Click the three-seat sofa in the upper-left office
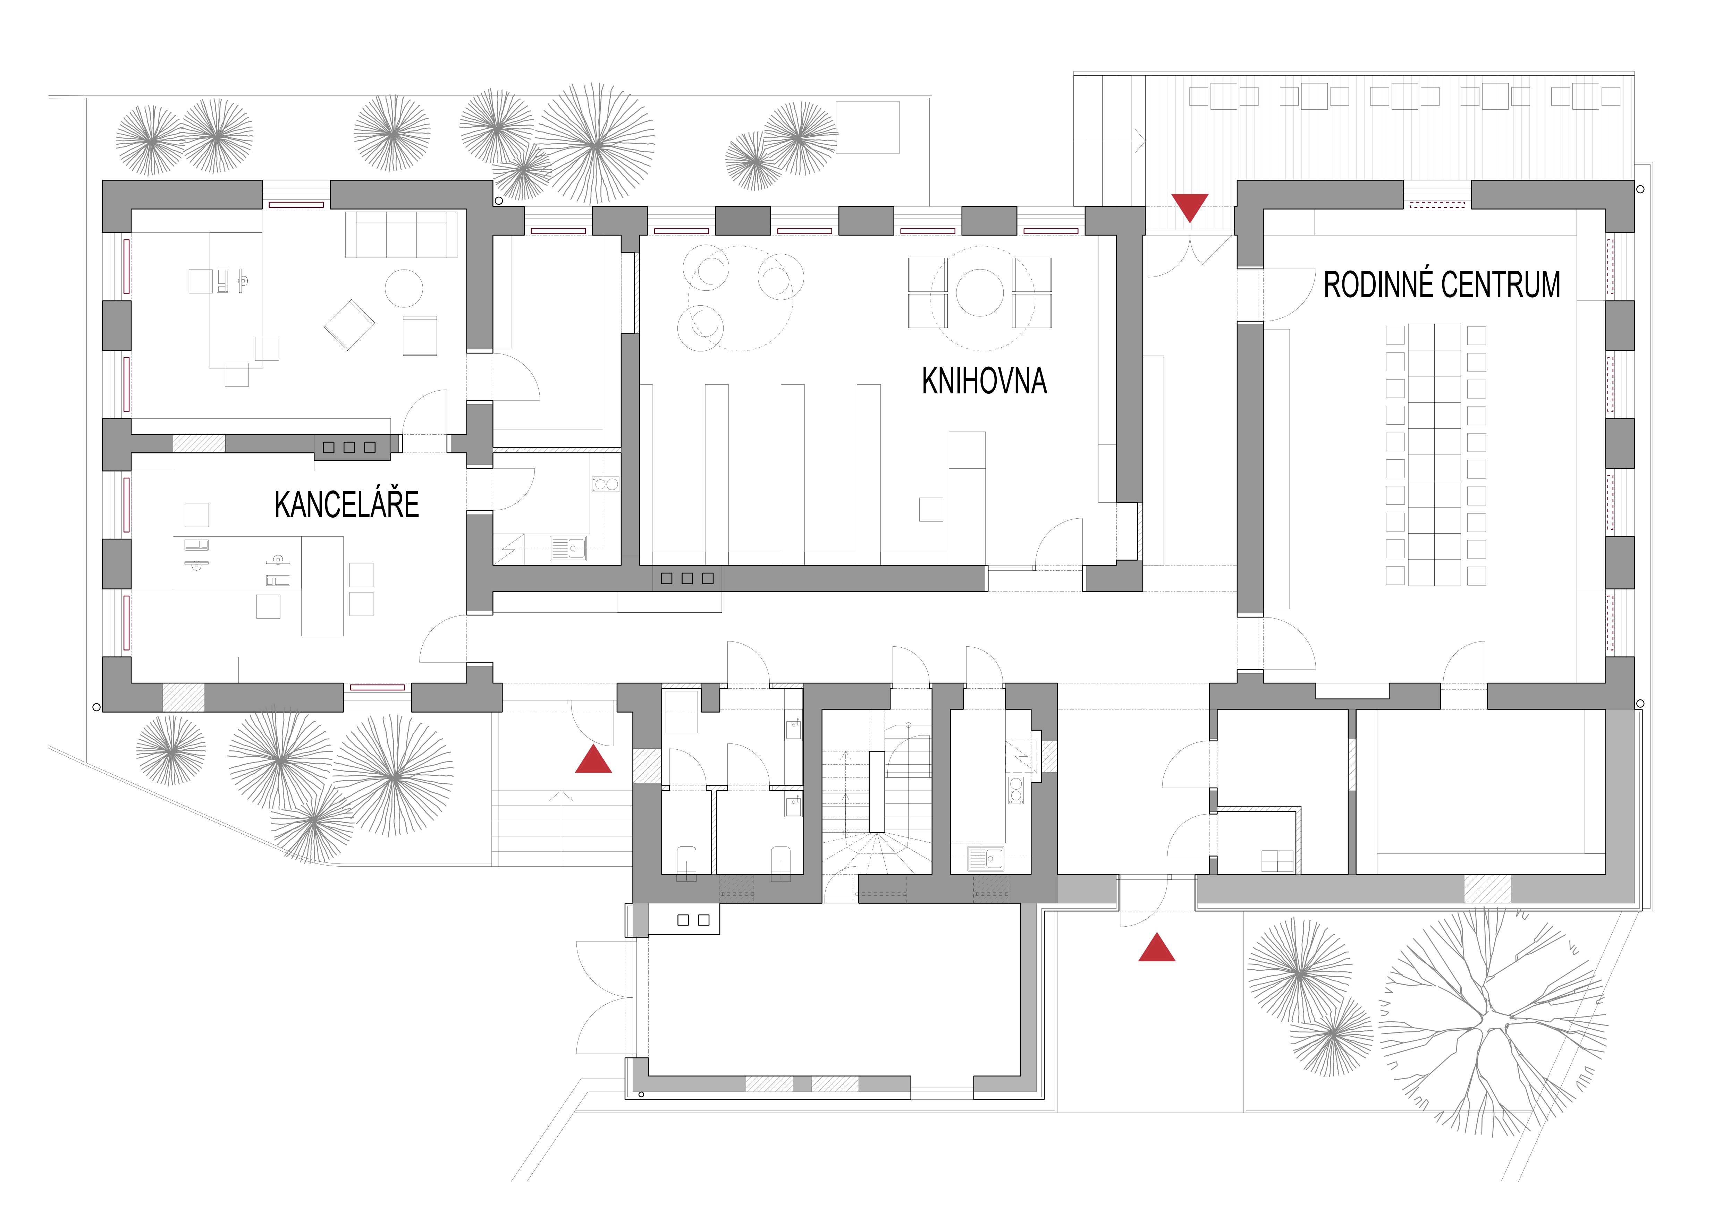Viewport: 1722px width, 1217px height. click(401, 235)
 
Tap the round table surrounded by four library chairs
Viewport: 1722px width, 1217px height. click(979, 292)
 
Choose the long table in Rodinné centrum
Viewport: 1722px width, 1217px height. click(1434, 454)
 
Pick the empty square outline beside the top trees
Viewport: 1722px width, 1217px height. click(868, 127)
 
